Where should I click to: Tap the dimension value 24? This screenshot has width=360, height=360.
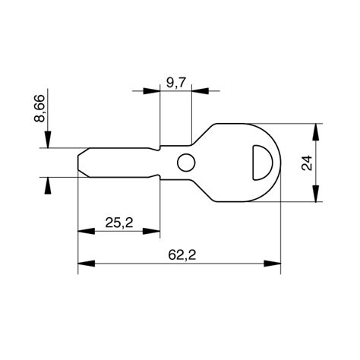[x=307, y=163]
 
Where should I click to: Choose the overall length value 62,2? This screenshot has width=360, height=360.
[x=179, y=255]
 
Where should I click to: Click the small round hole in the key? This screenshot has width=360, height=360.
[x=185, y=161]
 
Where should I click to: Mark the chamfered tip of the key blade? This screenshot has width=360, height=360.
[x=82, y=162]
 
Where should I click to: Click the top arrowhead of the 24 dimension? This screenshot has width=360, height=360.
[x=318, y=130]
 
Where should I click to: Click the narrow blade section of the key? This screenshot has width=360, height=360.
[x=122, y=162]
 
